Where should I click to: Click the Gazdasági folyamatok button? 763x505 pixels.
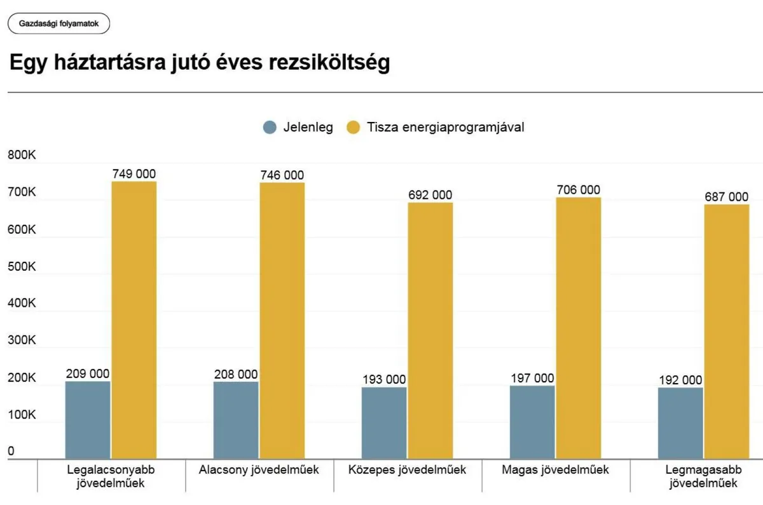58,24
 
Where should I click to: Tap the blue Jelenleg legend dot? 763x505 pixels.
270,127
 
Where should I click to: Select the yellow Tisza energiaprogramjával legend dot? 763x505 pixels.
354,127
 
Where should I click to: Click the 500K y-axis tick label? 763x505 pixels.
22,267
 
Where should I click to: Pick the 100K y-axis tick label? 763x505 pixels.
22,415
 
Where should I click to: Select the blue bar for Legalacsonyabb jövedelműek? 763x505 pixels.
88,420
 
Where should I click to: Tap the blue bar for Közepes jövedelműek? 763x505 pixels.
384,423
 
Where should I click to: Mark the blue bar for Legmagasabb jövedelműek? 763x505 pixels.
680,423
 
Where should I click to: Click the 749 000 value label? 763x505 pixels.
134,174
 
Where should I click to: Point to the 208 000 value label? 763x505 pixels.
236,374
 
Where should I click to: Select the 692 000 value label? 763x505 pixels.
430,195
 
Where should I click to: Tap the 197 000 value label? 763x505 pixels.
532,378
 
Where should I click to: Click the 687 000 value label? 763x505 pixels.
727,197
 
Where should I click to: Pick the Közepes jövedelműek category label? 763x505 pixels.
408,470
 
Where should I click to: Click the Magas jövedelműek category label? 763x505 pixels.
555,470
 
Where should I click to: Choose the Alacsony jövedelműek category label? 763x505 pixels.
259,470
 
